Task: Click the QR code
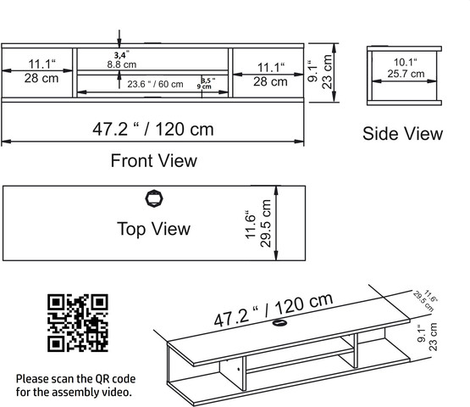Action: (78, 323)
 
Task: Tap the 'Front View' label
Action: (154, 160)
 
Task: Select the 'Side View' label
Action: (402, 134)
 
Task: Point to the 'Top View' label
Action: (153, 229)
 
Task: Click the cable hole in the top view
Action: (154, 198)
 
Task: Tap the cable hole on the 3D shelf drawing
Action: (279, 323)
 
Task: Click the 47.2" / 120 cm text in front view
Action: (153, 130)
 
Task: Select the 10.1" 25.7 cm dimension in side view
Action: (406, 68)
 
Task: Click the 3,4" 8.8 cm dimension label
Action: (122, 59)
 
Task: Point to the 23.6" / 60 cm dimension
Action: (155, 84)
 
